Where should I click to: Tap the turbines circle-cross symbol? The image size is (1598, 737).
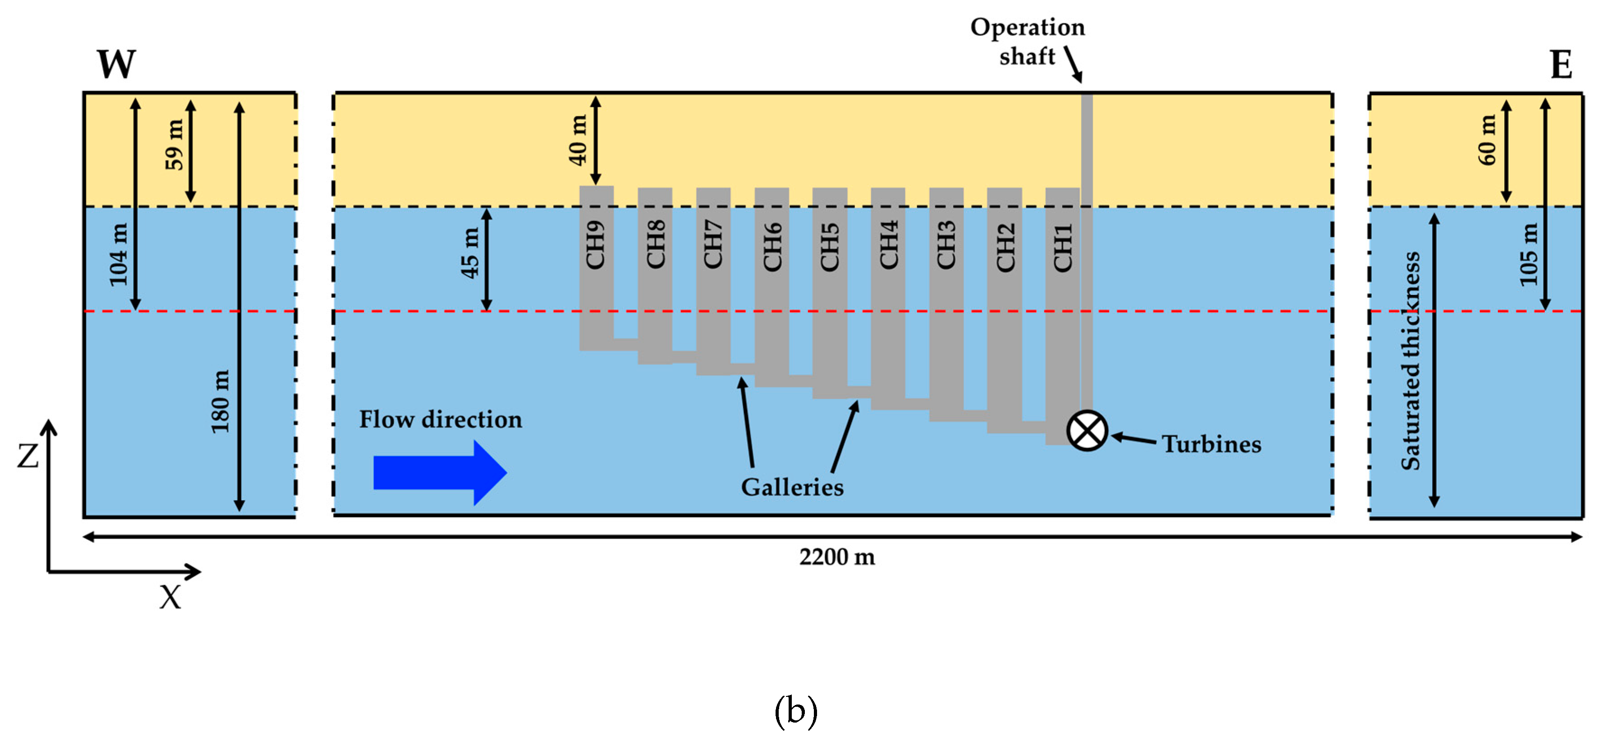(x=1087, y=431)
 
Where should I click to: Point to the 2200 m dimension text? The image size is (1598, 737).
(x=837, y=557)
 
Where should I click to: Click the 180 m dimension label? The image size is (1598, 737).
(x=220, y=401)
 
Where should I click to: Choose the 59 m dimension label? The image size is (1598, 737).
(x=174, y=144)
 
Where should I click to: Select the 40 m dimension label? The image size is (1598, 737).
(x=578, y=140)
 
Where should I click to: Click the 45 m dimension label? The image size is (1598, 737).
(x=469, y=253)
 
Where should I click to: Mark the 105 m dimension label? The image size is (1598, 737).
(x=1529, y=254)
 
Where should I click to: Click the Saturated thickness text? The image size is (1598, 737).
(x=1411, y=360)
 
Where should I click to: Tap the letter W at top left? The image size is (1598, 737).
(x=116, y=64)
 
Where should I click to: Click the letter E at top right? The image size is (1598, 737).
(x=1561, y=65)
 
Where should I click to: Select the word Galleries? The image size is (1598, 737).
(x=792, y=487)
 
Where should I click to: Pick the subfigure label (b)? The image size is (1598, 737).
(x=796, y=711)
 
